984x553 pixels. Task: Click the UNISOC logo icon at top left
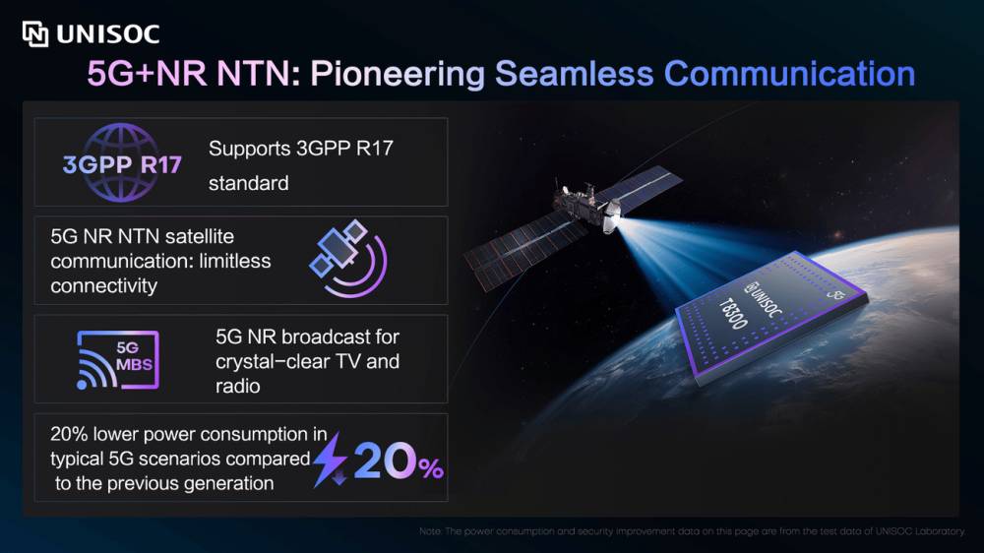point(35,33)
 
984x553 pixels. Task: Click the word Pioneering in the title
point(398,74)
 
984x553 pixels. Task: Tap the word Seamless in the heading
point(575,74)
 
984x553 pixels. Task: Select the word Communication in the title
point(789,74)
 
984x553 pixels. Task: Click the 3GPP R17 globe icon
point(122,162)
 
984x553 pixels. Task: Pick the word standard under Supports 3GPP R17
point(249,183)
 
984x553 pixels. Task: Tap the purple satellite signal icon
point(349,258)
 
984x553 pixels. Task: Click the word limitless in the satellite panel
point(235,261)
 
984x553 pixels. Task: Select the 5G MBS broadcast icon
point(118,360)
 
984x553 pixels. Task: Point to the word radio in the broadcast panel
point(237,386)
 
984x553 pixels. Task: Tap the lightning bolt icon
point(330,460)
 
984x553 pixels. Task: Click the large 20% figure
point(398,461)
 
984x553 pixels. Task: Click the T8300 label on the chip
point(733,314)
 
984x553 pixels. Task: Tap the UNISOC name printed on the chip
point(764,300)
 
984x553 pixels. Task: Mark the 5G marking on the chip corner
point(835,293)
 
